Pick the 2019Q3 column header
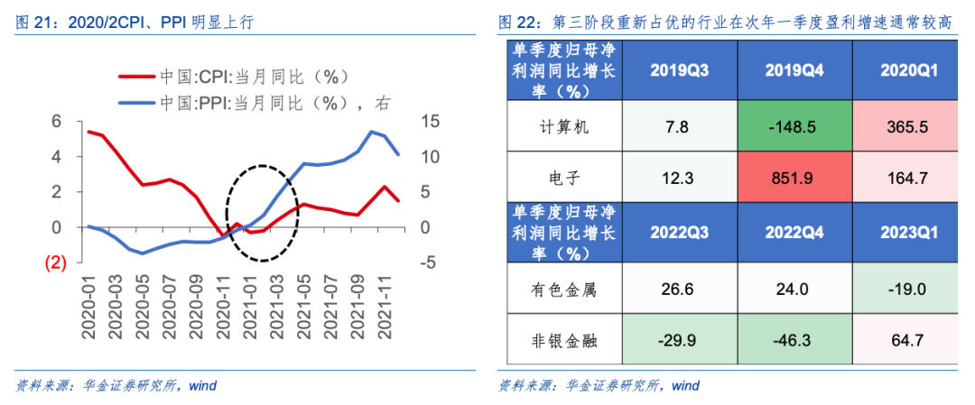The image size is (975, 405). tap(678, 69)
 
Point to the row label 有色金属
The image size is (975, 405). tap(562, 290)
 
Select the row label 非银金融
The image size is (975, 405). tap(562, 340)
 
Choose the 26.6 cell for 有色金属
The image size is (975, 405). tap(678, 290)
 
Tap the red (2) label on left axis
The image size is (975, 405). tap(55, 263)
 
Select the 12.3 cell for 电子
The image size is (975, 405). tap(678, 179)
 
